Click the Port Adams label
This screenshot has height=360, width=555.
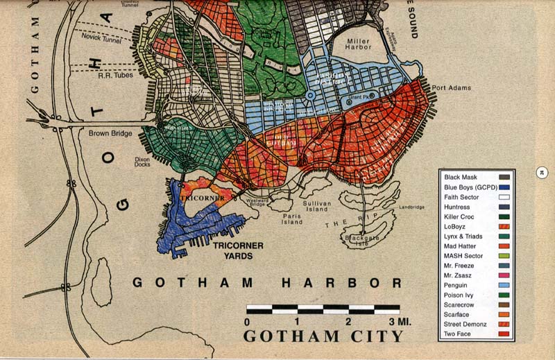click(x=451, y=88)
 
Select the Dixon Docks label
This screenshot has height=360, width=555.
click(x=142, y=163)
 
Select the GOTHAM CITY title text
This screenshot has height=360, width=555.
click(x=323, y=336)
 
